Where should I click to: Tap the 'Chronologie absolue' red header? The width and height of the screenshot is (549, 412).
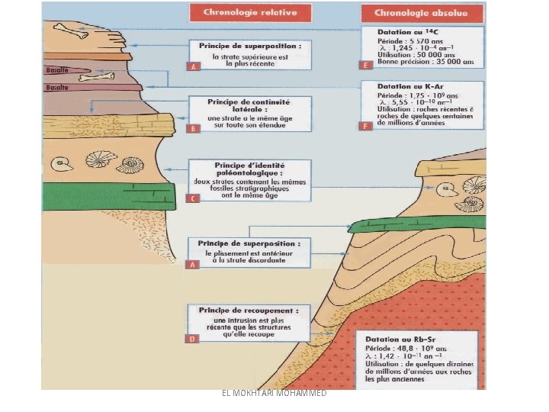pyautogui.click(x=422, y=13)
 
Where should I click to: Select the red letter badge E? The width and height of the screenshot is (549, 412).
pyautogui.click(x=366, y=66)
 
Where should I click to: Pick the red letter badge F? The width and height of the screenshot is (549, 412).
pyautogui.click(x=366, y=125)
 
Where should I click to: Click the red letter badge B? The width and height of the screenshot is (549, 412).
pyautogui.click(x=193, y=128)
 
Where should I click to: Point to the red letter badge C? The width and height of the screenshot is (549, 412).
pyautogui.click(x=193, y=198)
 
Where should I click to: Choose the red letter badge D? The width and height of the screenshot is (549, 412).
pyautogui.click(x=193, y=337)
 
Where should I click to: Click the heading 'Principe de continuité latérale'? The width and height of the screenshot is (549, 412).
pyautogui.click(x=249, y=105)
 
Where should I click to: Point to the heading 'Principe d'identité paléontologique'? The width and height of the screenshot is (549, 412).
pyautogui.click(x=249, y=169)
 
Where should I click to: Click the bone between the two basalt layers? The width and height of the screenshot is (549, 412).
pyautogui.click(x=102, y=77)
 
